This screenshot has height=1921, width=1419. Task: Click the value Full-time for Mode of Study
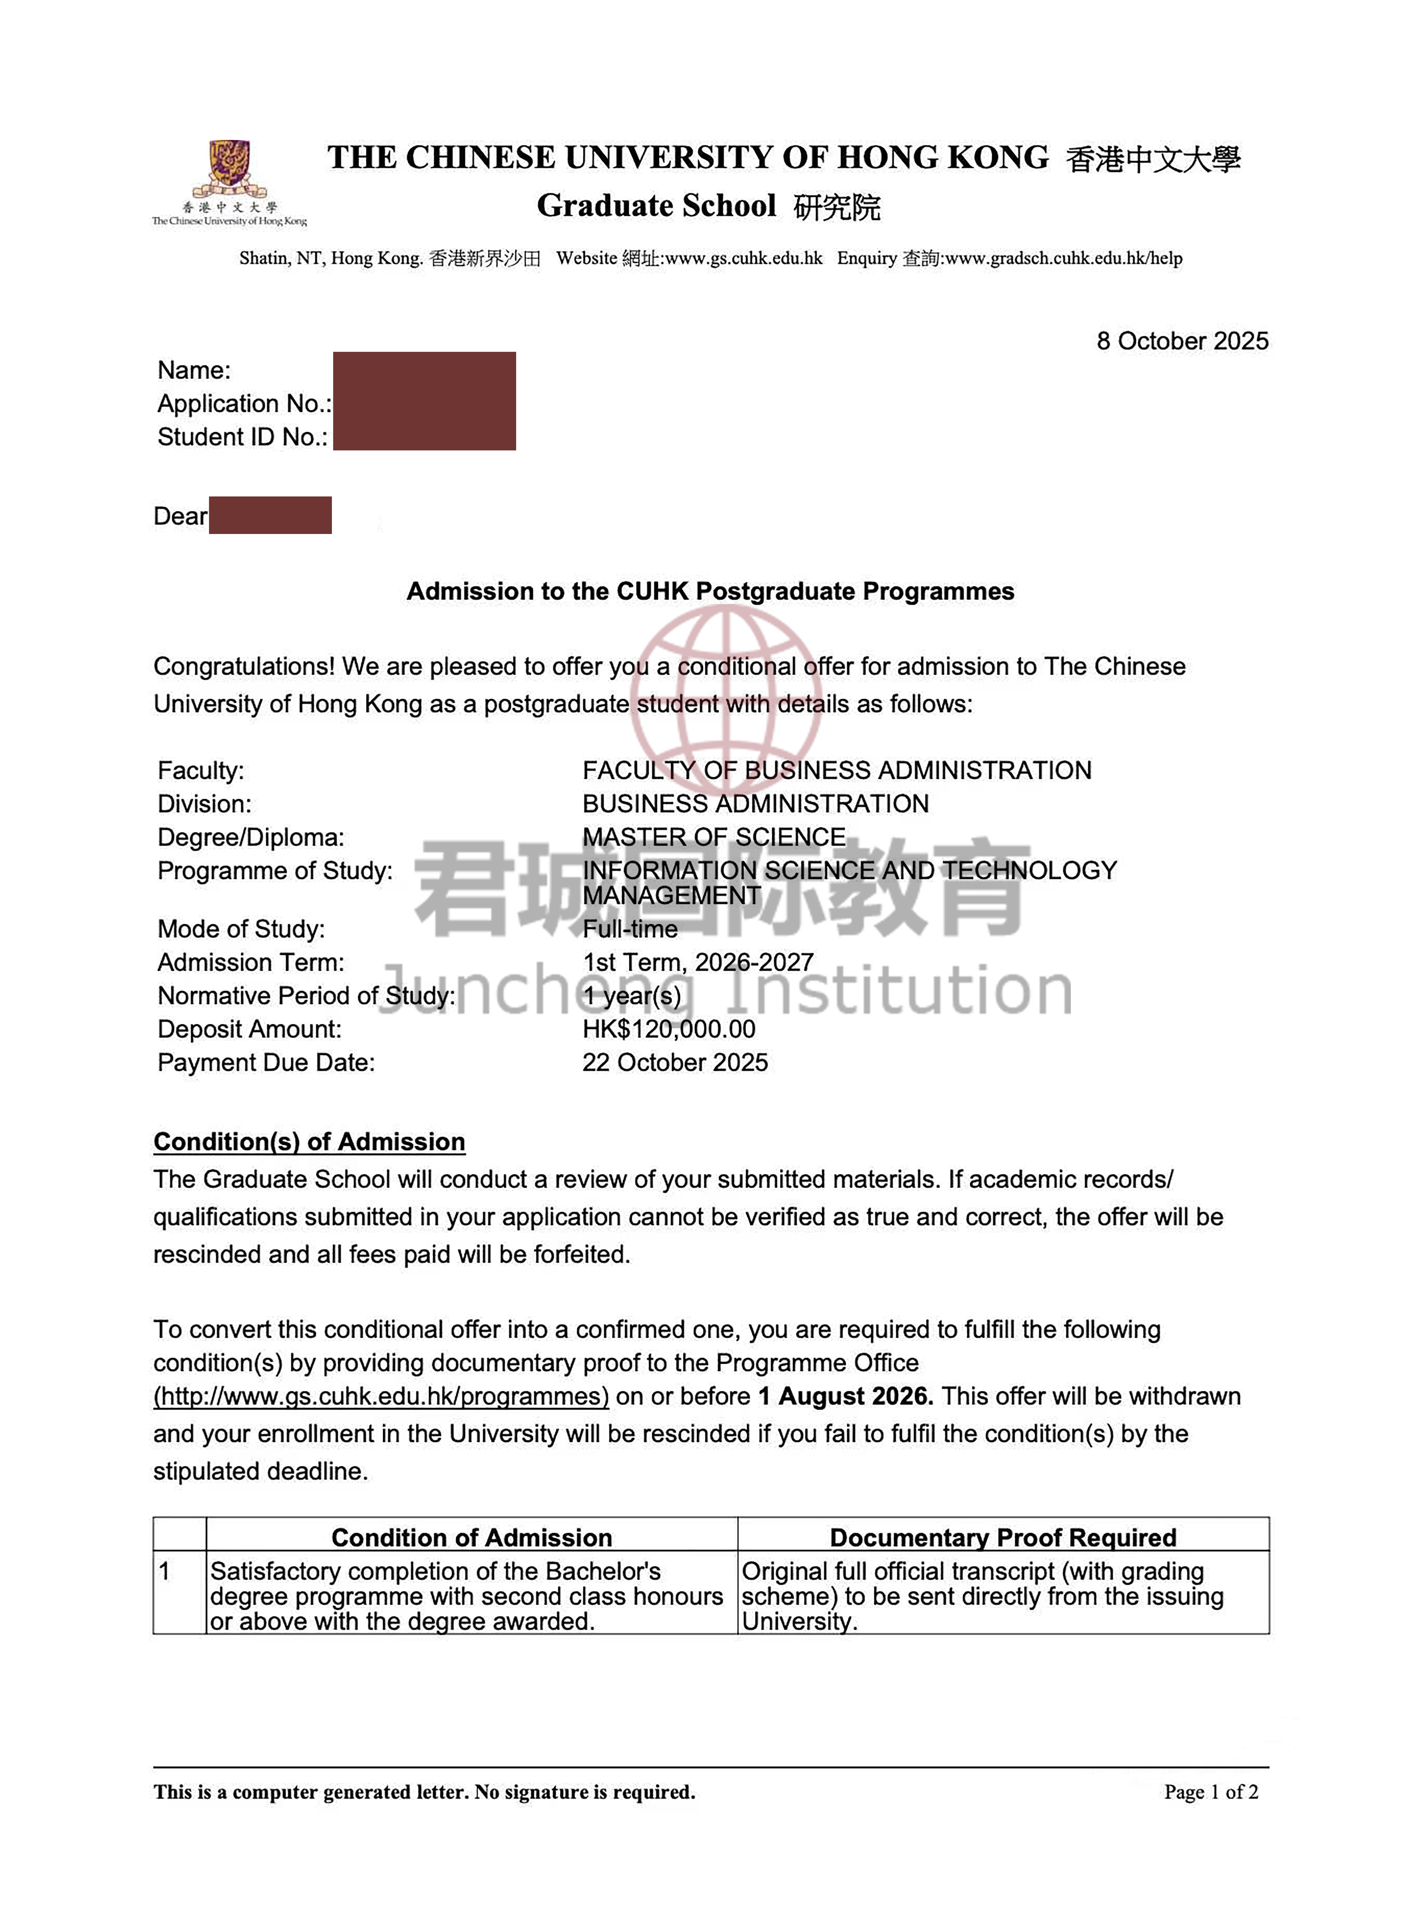630,929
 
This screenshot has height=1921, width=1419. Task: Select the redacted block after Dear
270,515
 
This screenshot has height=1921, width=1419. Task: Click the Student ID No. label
242,437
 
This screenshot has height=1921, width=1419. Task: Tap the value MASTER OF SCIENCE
714,837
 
